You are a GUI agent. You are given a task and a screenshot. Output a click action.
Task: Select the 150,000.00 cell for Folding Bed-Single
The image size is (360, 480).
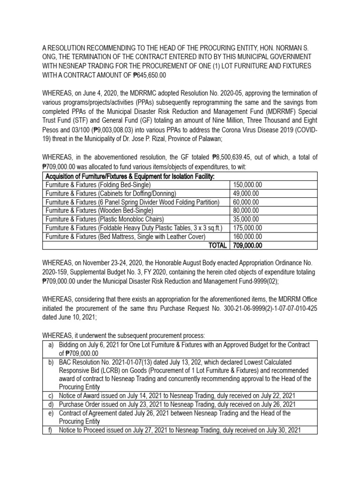pos(247,185)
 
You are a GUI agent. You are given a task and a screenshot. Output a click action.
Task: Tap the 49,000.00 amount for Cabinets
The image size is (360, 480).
pos(245,194)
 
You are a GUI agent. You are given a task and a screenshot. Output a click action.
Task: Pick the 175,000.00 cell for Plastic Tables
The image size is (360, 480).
pos(247,228)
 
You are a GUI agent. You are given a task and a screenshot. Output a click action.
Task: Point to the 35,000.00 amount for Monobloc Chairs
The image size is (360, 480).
pos(245,219)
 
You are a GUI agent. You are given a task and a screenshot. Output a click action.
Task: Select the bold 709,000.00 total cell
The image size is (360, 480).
pos(247,245)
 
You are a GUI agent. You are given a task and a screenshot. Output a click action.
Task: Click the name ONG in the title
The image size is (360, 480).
pos(51,57)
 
